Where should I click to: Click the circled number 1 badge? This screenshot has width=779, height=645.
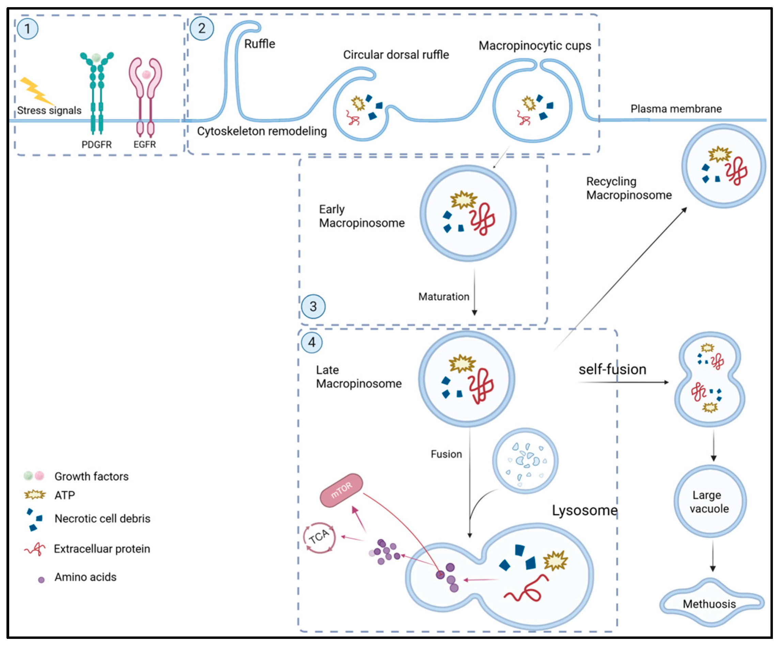[x=28, y=29]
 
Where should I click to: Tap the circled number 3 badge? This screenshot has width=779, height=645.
[x=313, y=307]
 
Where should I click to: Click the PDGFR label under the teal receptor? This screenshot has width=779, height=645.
[x=96, y=145]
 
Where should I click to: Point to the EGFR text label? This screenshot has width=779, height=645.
[x=145, y=145]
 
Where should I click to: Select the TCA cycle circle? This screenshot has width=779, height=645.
[x=320, y=537]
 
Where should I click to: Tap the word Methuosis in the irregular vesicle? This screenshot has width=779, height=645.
[x=709, y=604]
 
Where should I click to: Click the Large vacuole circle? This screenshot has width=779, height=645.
[x=710, y=501]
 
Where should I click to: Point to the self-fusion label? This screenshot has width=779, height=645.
[x=612, y=370]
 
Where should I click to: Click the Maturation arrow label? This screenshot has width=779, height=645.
[x=444, y=297]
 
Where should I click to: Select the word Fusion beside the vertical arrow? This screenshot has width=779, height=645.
[x=446, y=454]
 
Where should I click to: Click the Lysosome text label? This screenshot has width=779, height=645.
[x=585, y=511]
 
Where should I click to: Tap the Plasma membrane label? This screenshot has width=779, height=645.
[x=676, y=109]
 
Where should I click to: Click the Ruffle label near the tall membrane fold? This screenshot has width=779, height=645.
[x=260, y=44]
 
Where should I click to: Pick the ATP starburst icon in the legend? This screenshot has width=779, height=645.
[x=35, y=495]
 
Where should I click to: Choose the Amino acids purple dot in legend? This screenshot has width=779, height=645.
[x=41, y=580]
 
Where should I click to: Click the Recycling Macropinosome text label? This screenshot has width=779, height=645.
[x=629, y=188]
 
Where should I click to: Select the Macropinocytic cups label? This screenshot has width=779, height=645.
[x=534, y=46]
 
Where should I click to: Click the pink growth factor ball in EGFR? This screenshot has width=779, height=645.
[x=146, y=75]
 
